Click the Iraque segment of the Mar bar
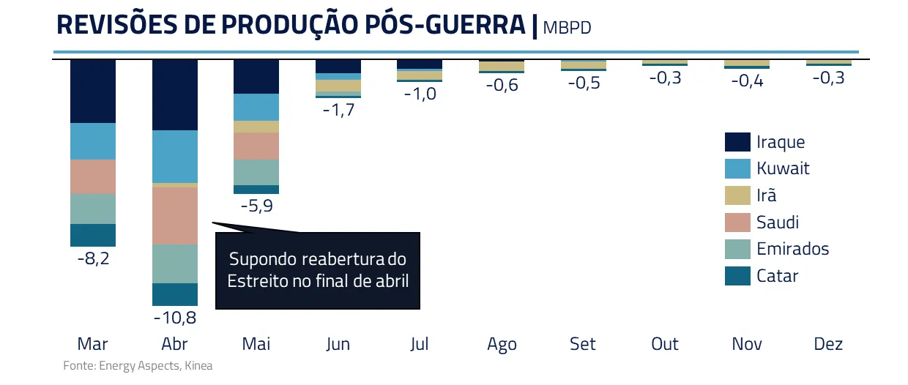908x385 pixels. click(93, 91)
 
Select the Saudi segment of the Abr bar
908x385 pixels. click(175, 215)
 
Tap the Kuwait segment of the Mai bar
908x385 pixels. click(256, 107)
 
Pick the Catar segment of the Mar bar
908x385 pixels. click(93, 235)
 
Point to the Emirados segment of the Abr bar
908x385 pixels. click(175, 263)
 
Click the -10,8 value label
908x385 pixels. click(175, 318)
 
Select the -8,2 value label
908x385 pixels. click(93, 258)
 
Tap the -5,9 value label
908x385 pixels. click(256, 206)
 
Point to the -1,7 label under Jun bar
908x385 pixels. click(338, 111)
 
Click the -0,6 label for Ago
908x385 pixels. click(502, 85)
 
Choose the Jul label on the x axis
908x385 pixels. click(420, 344)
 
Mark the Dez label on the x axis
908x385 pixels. click(828, 344)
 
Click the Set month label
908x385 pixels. click(583, 344)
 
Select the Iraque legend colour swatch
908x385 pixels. click(737, 142)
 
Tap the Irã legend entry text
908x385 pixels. click(767, 195)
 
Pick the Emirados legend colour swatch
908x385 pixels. click(737, 249)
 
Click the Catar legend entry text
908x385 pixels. click(777, 276)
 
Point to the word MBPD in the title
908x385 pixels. click(567, 28)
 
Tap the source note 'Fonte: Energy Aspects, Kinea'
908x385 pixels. click(138, 365)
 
